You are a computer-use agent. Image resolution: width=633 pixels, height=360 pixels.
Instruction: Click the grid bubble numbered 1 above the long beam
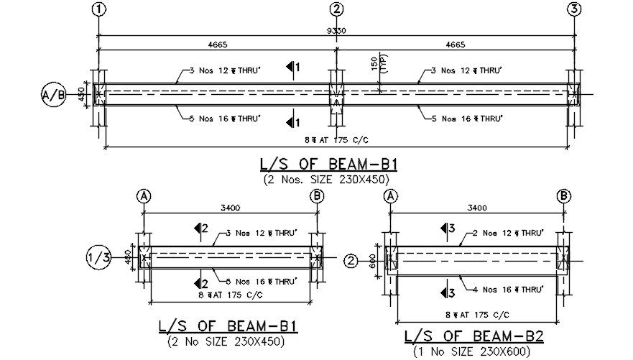tap(98, 9)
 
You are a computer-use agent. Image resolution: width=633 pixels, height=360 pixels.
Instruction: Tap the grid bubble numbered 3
tap(574, 9)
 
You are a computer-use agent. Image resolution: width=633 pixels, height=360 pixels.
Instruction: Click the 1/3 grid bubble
tap(98, 257)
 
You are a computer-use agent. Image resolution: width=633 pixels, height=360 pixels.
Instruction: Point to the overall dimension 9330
tap(336, 31)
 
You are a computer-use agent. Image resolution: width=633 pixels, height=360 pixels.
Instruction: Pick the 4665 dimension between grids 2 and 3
tap(455, 45)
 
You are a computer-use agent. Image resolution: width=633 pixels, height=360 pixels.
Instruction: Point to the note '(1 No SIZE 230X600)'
tap(472, 351)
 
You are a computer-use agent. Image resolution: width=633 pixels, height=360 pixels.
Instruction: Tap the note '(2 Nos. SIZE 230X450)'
tap(331, 179)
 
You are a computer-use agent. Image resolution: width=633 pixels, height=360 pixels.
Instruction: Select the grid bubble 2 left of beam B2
tap(351, 260)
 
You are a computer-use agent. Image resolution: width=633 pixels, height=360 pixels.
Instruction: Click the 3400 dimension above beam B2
tap(476, 208)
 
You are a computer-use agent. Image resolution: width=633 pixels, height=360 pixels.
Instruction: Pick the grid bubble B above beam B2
tap(564, 195)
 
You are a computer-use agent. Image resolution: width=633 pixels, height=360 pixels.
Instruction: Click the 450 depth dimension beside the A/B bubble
tap(80, 94)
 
